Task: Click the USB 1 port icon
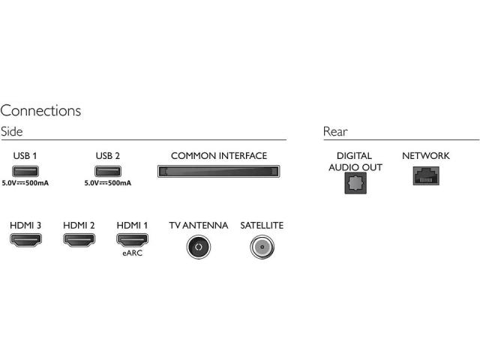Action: pos(25,171)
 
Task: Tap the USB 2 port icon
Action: pos(108,171)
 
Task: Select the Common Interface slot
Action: pos(218,172)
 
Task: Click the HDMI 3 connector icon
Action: pos(25,240)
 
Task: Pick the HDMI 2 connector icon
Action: pos(79,240)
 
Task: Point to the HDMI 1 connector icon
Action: pos(132,240)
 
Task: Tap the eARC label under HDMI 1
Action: pos(132,253)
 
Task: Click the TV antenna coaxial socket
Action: pos(199,247)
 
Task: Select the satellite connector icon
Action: pos(262,247)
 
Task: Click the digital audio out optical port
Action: pos(355,183)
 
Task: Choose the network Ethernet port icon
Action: pos(426,175)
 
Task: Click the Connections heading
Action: pos(40,110)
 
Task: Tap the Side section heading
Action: pos(12,131)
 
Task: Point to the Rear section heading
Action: pos(335,132)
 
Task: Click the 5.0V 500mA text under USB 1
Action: pos(25,183)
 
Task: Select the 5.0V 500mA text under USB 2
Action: pos(108,183)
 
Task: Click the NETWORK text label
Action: pos(426,156)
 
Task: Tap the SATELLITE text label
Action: pos(262,226)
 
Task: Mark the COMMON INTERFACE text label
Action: pos(219,156)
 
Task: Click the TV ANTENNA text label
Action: pos(198,226)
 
